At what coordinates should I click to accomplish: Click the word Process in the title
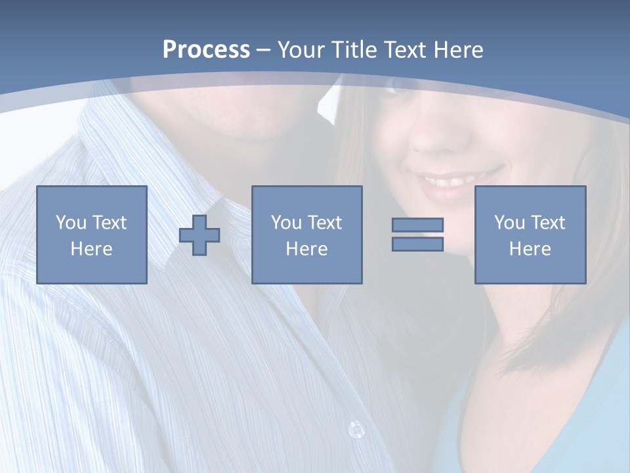(x=206, y=50)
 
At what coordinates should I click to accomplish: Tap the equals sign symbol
(x=417, y=235)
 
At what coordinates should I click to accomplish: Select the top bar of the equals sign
(x=417, y=225)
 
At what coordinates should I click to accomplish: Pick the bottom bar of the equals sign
(x=417, y=244)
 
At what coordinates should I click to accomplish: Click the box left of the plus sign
(x=92, y=235)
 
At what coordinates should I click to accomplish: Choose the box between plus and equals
(x=307, y=235)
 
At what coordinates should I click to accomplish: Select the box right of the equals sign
(x=530, y=235)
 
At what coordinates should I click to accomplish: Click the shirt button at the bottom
(x=356, y=430)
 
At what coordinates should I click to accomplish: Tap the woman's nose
(x=430, y=135)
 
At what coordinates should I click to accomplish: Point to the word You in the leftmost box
(x=71, y=223)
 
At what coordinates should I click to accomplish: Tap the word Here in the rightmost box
(x=530, y=249)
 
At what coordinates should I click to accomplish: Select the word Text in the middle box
(x=324, y=223)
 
